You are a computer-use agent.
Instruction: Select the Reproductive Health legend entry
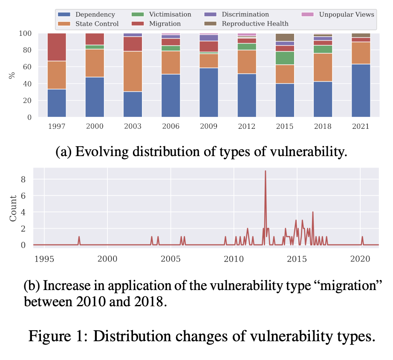coord(255,23)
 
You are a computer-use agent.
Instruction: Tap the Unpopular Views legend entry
coord(346,15)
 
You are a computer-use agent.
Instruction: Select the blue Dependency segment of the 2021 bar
coord(361,90)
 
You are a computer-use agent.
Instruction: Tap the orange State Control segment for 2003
coord(133,71)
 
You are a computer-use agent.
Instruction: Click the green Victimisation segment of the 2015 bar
coord(285,58)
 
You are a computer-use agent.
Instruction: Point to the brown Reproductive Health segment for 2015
coord(285,37)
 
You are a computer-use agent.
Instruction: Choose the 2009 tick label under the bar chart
coord(208,127)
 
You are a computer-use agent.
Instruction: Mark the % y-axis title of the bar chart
coord(11,75)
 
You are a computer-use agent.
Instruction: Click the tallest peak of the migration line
coord(266,171)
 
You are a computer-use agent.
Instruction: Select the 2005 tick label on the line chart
coord(170,259)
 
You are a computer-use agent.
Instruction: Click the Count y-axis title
coord(13,209)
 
